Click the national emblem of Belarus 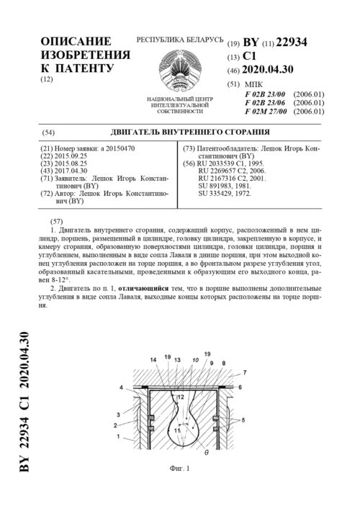click(x=176, y=69)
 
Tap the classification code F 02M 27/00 click(x=266, y=112)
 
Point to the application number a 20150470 click(x=119, y=148)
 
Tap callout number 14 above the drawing click(x=152, y=359)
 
